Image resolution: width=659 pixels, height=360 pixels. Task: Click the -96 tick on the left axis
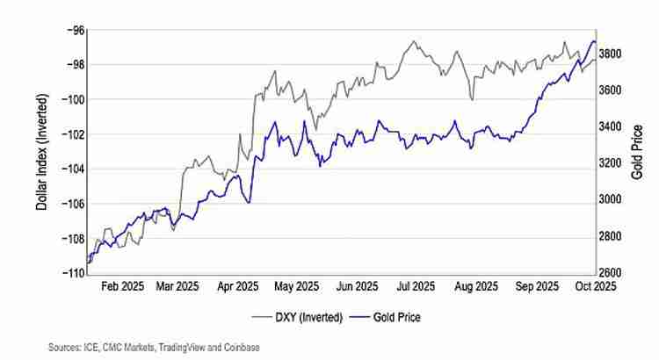(x=74, y=30)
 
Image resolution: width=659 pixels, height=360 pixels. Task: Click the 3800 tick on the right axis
(x=609, y=54)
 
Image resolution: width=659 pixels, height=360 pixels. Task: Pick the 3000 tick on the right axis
(x=609, y=200)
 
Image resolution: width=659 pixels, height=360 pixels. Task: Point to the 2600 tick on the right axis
(x=609, y=273)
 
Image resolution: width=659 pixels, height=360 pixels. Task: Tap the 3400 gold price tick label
(x=609, y=127)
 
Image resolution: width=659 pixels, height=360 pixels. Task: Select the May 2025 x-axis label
(x=296, y=286)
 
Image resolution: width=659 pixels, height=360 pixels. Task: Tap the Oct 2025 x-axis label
(x=595, y=286)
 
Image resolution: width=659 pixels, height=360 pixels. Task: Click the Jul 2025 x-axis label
(x=416, y=286)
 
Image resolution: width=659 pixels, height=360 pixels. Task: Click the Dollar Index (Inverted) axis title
(x=41, y=151)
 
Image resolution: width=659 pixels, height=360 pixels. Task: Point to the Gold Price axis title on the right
(x=638, y=151)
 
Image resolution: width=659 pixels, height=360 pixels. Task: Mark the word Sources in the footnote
(x=65, y=348)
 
